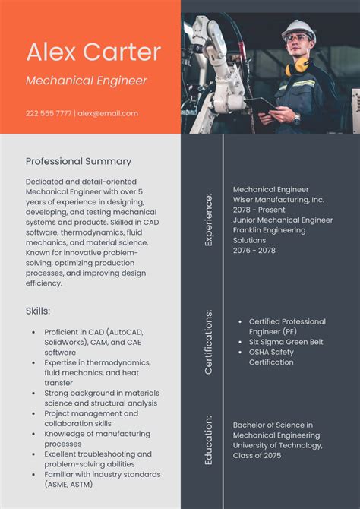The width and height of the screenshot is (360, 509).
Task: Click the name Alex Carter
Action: click(x=93, y=52)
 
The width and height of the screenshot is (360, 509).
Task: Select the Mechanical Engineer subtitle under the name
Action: click(x=87, y=81)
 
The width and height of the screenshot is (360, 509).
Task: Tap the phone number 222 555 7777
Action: click(x=49, y=113)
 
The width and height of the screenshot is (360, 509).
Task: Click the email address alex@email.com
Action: click(x=108, y=113)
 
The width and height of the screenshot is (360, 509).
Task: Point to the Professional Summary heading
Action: click(x=78, y=161)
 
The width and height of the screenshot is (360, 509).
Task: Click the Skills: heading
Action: click(x=38, y=311)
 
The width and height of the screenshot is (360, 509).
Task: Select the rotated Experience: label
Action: click(x=209, y=220)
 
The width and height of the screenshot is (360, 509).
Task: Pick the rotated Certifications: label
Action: click(x=209, y=341)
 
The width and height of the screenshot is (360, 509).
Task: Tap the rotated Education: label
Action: click(x=209, y=440)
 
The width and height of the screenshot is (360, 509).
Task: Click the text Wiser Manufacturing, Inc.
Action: click(x=278, y=200)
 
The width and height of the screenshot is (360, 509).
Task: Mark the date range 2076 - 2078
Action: click(x=254, y=251)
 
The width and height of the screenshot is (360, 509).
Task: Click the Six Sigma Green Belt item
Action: click(x=286, y=342)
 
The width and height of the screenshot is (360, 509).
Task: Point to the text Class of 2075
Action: click(x=257, y=455)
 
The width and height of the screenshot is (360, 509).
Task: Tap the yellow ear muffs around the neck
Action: click(x=298, y=66)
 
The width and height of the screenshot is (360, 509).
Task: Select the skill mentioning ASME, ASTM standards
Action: click(x=98, y=479)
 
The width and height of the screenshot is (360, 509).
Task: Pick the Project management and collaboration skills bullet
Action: click(x=91, y=418)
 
